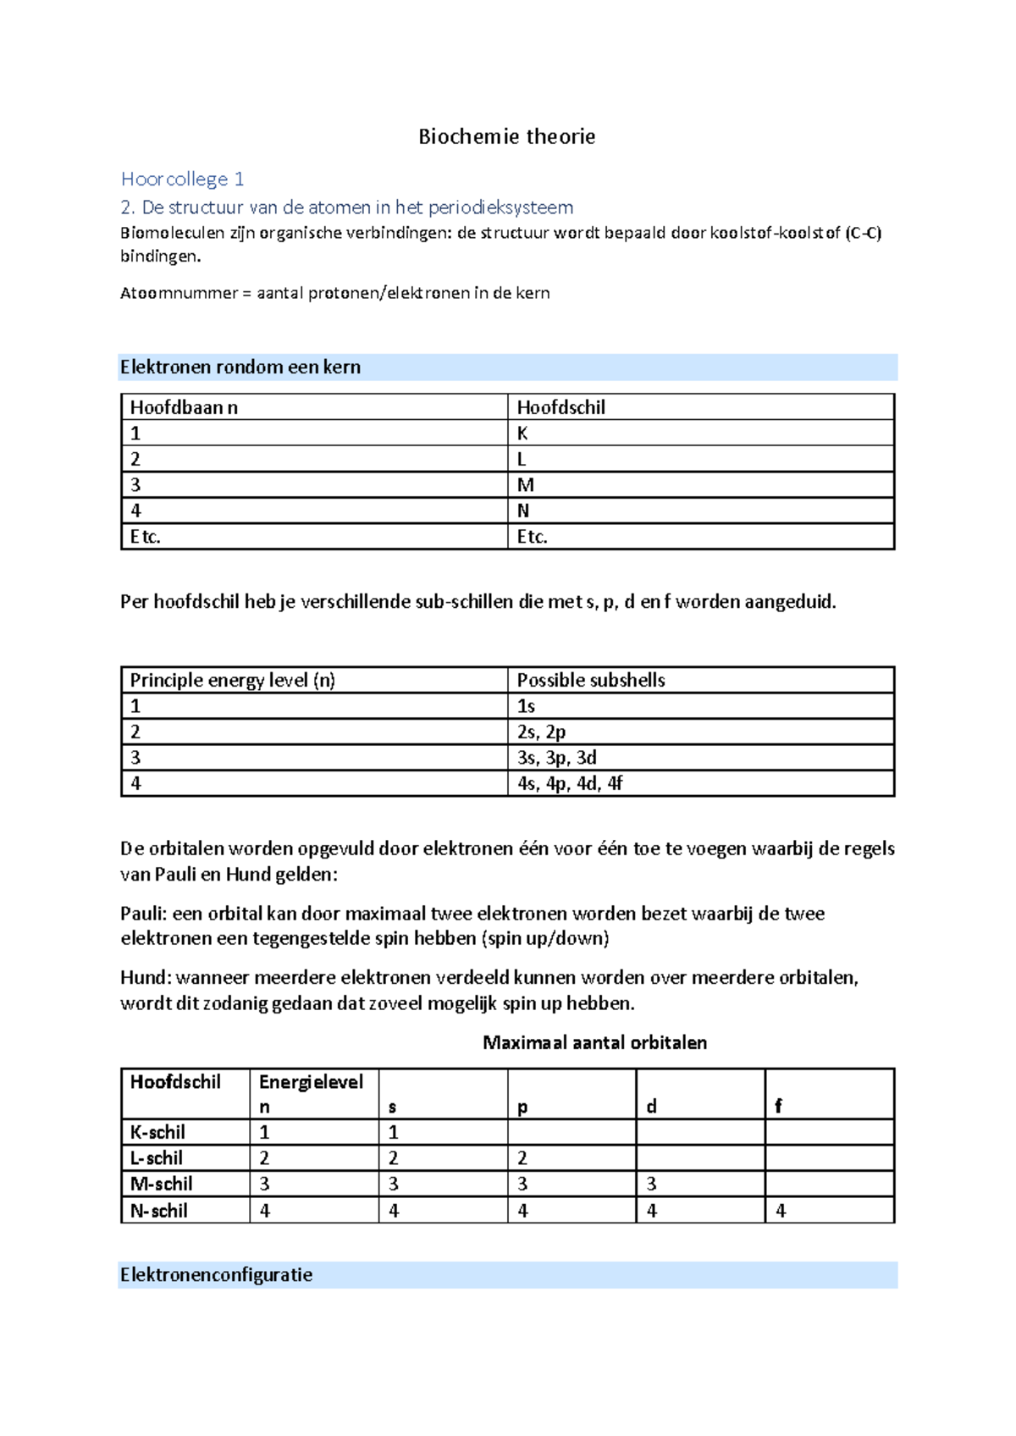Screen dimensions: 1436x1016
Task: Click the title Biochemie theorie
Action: click(506, 137)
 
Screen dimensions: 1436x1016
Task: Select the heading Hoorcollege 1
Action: click(182, 179)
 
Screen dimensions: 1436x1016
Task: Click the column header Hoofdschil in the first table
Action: click(560, 407)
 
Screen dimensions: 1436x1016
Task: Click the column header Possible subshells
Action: click(590, 680)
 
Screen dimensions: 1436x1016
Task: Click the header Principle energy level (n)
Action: click(232, 680)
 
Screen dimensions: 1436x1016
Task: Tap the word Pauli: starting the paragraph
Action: click(144, 914)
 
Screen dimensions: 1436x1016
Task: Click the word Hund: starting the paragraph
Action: click(146, 978)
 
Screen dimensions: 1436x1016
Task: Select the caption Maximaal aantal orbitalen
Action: click(594, 1042)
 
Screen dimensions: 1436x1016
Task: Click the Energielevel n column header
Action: click(310, 1093)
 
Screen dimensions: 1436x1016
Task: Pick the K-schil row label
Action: click(157, 1132)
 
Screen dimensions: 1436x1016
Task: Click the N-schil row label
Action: click(158, 1211)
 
